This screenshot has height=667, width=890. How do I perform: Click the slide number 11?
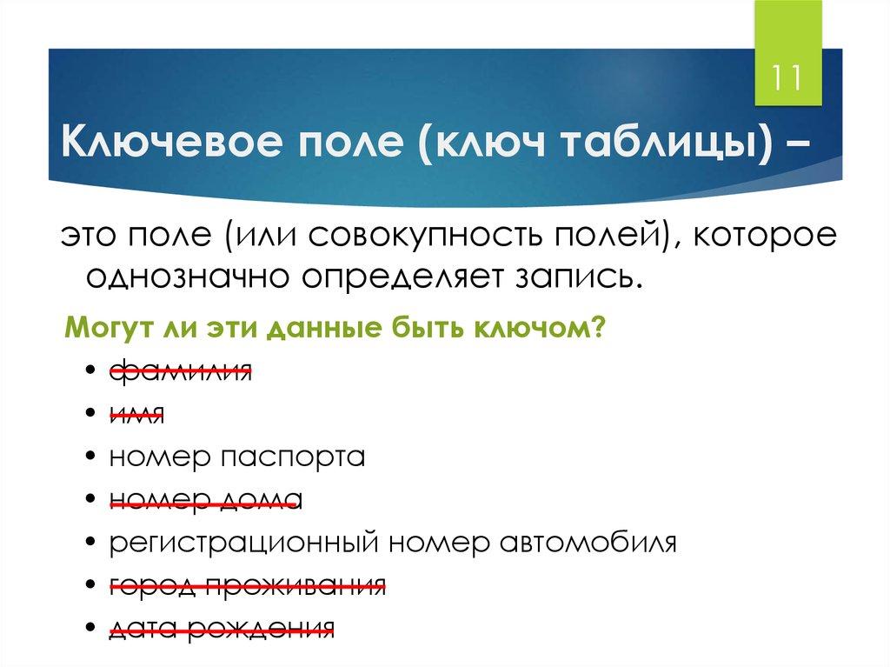787,78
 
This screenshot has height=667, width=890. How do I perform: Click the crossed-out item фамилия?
180,371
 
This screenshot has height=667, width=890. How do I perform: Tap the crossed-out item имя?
136,414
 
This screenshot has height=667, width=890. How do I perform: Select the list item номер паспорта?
236,457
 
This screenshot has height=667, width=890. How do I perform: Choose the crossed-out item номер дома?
204,499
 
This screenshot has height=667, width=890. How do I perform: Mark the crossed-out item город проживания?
247,584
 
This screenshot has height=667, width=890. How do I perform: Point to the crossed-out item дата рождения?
222,627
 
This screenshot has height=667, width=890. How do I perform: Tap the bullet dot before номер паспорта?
91,457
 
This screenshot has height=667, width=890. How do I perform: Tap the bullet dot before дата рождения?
91,628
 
